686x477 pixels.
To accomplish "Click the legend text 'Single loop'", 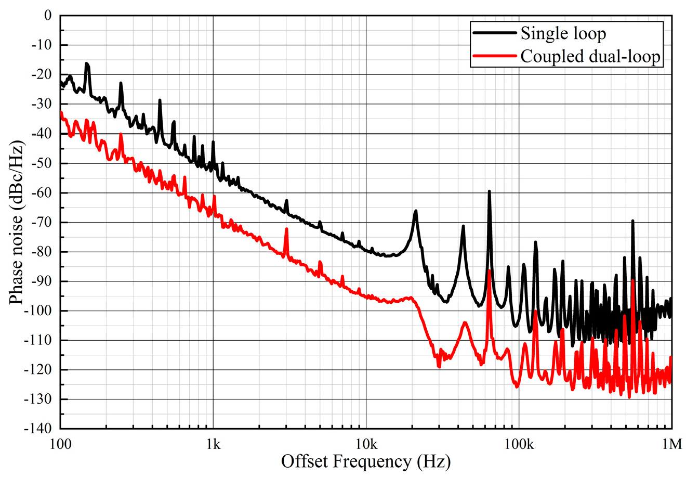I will (x=563, y=34).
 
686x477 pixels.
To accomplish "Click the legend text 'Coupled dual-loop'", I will (x=591, y=56).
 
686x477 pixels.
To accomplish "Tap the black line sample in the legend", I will (x=495, y=33).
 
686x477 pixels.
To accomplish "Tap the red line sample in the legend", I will (x=495, y=56).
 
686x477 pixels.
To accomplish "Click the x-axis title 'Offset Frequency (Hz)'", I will (x=366, y=461).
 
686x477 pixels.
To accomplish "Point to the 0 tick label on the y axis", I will (x=48, y=16).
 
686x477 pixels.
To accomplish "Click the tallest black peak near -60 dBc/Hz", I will (x=489, y=192).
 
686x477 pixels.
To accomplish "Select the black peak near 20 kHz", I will (x=416, y=211).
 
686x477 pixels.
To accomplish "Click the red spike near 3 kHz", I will (x=286, y=230).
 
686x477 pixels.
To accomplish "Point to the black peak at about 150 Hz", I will (x=87, y=64).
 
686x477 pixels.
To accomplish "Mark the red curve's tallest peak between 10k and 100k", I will (x=489, y=271).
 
